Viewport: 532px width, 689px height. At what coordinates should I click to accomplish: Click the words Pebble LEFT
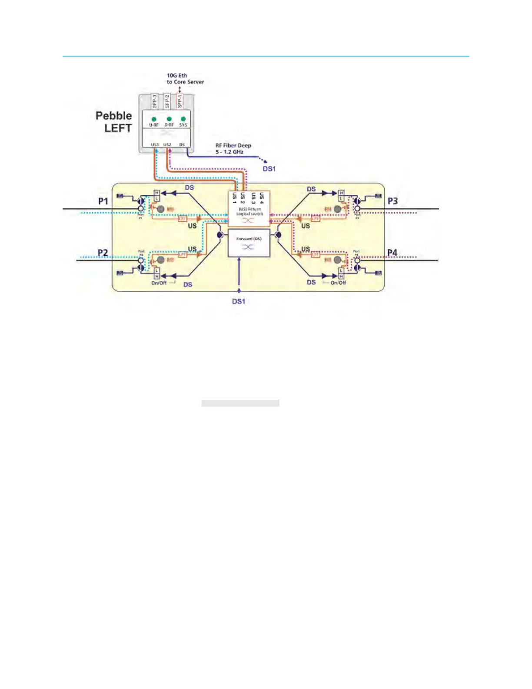pyautogui.click(x=114, y=122)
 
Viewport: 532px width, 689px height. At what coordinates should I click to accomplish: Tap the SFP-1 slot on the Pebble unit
pyautogui.click(x=180, y=101)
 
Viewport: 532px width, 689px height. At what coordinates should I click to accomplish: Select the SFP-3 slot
pyautogui.click(x=155, y=101)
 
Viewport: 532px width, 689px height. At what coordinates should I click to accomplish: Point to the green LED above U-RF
pyautogui.click(x=154, y=119)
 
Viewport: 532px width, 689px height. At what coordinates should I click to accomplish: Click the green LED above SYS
pyautogui.click(x=183, y=119)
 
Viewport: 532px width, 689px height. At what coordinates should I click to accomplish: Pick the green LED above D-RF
pyautogui.click(x=169, y=119)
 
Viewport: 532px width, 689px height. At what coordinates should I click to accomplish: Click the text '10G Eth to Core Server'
pyautogui.click(x=185, y=79)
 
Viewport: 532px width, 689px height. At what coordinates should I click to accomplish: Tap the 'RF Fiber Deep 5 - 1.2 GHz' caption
pyautogui.click(x=233, y=149)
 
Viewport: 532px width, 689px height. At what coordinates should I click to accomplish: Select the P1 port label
pyautogui.click(x=103, y=201)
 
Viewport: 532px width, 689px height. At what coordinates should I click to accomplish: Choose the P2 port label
pyautogui.click(x=103, y=253)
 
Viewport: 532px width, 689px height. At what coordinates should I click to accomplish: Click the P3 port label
pyautogui.click(x=392, y=201)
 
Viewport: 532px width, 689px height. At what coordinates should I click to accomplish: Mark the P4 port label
pyautogui.click(x=392, y=253)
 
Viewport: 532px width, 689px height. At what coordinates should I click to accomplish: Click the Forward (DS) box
pyautogui.click(x=249, y=243)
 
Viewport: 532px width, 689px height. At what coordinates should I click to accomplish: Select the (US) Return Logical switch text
pyautogui.click(x=249, y=211)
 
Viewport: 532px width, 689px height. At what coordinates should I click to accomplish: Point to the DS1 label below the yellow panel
pyautogui.click(x=239, y=301)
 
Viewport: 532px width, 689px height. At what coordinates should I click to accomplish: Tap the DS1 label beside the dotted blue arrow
pyautogui.click(x=269, y=169)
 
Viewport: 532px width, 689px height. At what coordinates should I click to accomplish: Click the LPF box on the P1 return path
pyautogui.click(x=183, y=218)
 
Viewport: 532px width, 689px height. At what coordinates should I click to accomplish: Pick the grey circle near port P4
pyautogui.click(x=338, y=260)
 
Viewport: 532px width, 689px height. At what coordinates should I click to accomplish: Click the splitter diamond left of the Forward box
pyautogui.click(x=220, y=235)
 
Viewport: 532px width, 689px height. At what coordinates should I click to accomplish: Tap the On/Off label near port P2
pyautogui.click(x=159, y=283)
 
